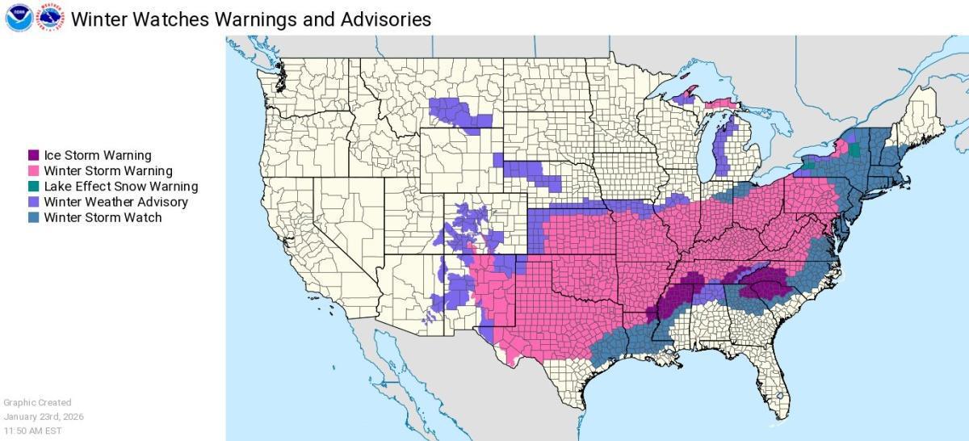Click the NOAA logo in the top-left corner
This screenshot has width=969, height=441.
(19, 18)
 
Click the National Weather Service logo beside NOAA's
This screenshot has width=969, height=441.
(52, 18)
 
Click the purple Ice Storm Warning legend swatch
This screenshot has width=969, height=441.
(34, 155)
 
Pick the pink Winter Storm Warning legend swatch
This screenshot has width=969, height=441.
(34, 170)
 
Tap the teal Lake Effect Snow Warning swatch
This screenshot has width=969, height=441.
(34, 186)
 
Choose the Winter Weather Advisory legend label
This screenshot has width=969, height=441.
(115, 202)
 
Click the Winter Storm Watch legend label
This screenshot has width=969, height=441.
(103, 217)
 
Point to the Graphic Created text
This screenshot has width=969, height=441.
(37, 402)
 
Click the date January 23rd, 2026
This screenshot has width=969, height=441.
(44, 417)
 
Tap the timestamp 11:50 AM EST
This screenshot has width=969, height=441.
(32, 431)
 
